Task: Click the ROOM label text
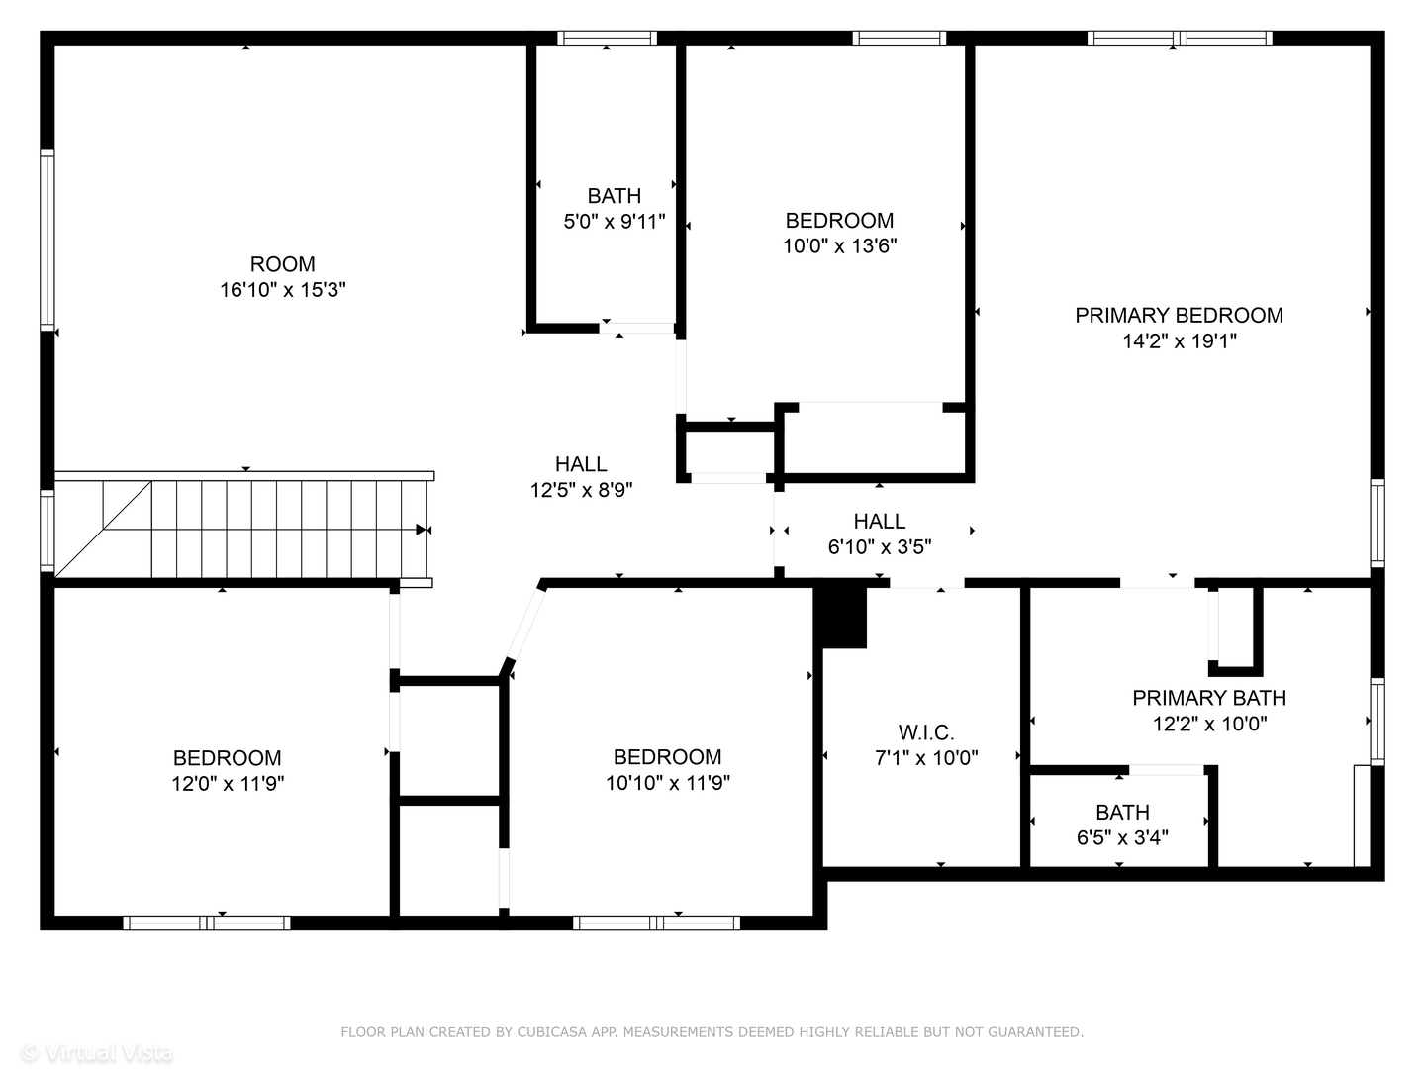(x=283, y=264)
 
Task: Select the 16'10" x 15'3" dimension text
(x=283, y=290)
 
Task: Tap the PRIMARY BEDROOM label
(x=1179, y=315)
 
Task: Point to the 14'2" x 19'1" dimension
(x=1179, y=341)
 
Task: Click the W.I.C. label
(x=926, y=732)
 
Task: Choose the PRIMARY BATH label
(x=1209, y=698)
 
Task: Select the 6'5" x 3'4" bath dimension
(x=1122, y=838)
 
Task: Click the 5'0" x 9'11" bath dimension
(x=614, y=222)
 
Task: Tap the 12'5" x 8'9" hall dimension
(x=581, y=490)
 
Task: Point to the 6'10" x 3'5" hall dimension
(x=879, y=546)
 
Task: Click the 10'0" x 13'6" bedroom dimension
(x=839, y=246)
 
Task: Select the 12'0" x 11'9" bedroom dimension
(x=227, y=784)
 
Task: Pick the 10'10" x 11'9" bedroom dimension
(x=667, y=783)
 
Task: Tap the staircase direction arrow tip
(x=423, y=530)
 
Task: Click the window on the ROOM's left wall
(x=47, y=239)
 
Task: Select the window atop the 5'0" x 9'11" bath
(x=607, y=39)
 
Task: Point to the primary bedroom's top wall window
(x=1179, y=39)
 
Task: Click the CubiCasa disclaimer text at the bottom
(x=712, y=1032)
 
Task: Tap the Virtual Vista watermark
(x=97, y=1052)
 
